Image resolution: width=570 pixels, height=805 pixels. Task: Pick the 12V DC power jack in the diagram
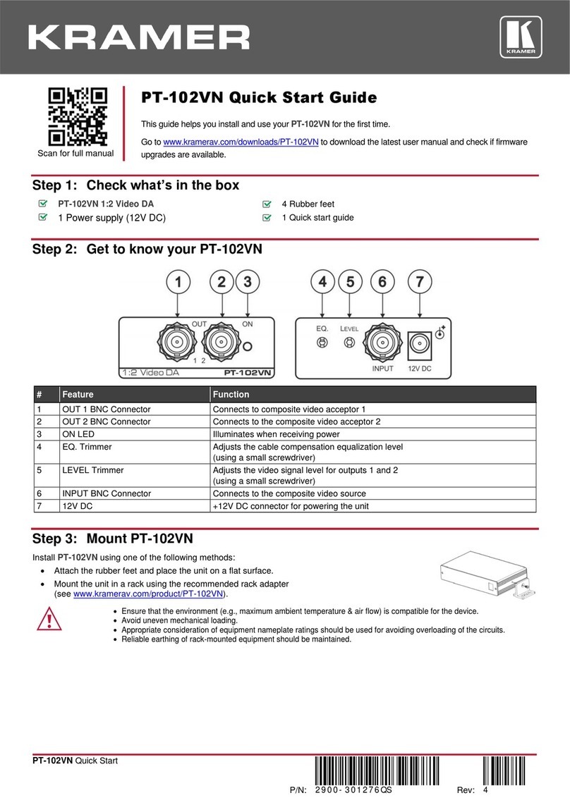pos(420,343)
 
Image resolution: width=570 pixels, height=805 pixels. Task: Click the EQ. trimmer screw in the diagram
pos(322,343)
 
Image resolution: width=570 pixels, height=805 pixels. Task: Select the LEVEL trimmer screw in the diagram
pos(348,343)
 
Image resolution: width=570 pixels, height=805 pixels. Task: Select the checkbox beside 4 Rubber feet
pos(266,204)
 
